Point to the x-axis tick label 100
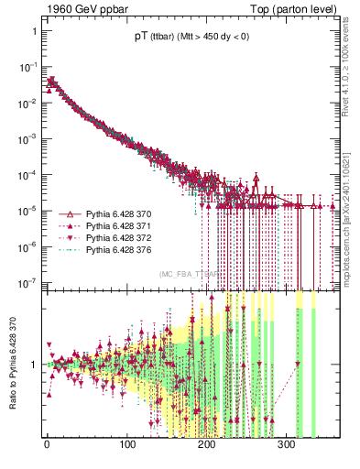(127, 444)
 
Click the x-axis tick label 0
(48, 444)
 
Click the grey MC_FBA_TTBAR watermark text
(189, 274)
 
